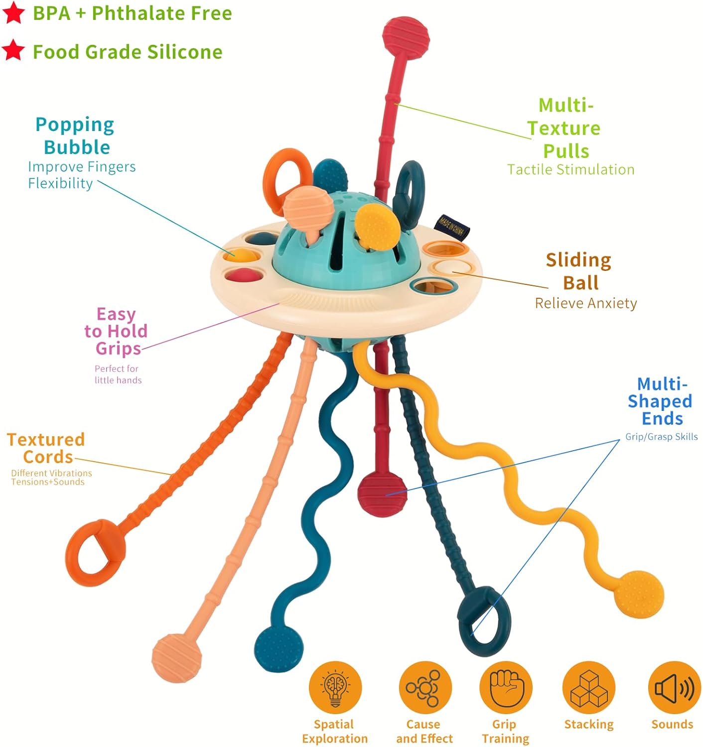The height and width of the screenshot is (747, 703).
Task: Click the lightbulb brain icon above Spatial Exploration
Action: (x=335, y=688)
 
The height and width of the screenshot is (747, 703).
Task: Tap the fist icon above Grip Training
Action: (x=505, y=688)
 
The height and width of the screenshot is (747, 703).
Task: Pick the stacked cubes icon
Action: (x=588, y=688)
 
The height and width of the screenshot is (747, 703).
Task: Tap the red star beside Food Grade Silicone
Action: (x=13, y=50)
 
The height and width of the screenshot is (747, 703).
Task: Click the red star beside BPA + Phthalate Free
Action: (x=13, y=12)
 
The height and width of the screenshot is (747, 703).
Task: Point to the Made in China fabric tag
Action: (x=451, y=228)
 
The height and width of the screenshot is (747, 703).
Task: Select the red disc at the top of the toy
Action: (x=406, y=36)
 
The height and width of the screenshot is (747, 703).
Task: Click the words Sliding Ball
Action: (x=579, y=271)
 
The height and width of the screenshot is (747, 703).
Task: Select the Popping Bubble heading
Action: (x=75, y=136)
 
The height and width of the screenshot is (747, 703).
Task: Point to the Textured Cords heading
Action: (x=46, y=448)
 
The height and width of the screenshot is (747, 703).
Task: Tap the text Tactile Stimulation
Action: (x=570, y=170)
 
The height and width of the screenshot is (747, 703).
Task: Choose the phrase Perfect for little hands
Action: (x=118, y=374)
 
